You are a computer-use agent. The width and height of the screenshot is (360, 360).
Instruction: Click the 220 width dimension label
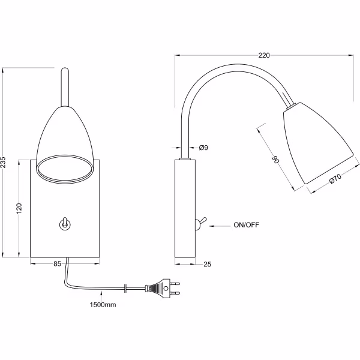pyautogui.click(x=263, y=55)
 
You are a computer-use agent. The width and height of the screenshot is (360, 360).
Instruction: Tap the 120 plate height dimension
pyautogui.click(x=20, y=208)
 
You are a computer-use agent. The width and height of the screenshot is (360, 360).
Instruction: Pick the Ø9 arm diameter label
pyautogui.click(x=203, y=148)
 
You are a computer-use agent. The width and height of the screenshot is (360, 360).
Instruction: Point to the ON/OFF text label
pyautogui.click(x=245, y=226)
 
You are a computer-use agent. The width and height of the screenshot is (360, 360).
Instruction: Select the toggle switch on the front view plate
pyautogui.click(x=63, y=224)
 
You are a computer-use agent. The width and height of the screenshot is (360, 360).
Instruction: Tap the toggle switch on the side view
pyautogui.click(x=200, y=223)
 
